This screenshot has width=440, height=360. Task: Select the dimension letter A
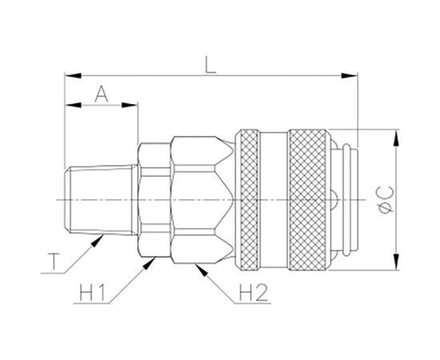[x=102, y=94]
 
